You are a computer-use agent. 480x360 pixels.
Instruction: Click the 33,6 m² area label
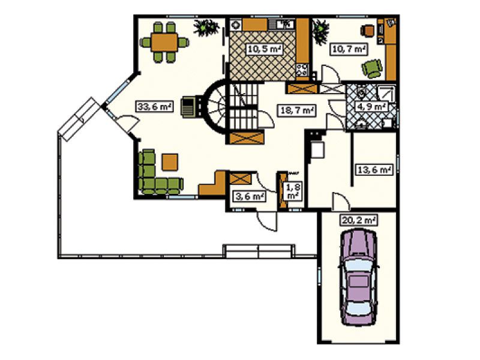[x=154, y=107]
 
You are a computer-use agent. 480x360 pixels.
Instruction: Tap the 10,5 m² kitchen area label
[x=264, y=49]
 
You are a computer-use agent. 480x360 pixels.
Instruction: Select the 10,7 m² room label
[x=349, y=49]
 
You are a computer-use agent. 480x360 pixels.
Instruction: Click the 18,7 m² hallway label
[x=297, y=110]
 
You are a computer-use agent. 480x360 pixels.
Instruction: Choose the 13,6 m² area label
[x=373, y=169]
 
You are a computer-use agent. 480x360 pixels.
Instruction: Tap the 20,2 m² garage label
[x=358, y=220]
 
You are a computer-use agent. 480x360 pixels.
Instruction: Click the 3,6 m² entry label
[x=250, y=196]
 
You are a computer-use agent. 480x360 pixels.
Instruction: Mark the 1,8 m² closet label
[x=292, y=191]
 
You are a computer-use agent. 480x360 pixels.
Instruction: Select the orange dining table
[x=164, y=42]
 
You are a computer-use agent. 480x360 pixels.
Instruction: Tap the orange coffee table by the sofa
[x=170, y=162]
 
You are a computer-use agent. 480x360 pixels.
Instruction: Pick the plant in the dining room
[x=206, y=28]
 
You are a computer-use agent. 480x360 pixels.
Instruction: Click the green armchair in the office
[x=372, y=68]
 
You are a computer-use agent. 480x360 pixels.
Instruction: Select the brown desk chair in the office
[x=367, y=31]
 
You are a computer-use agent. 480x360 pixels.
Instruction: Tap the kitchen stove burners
[x=302, y=70]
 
